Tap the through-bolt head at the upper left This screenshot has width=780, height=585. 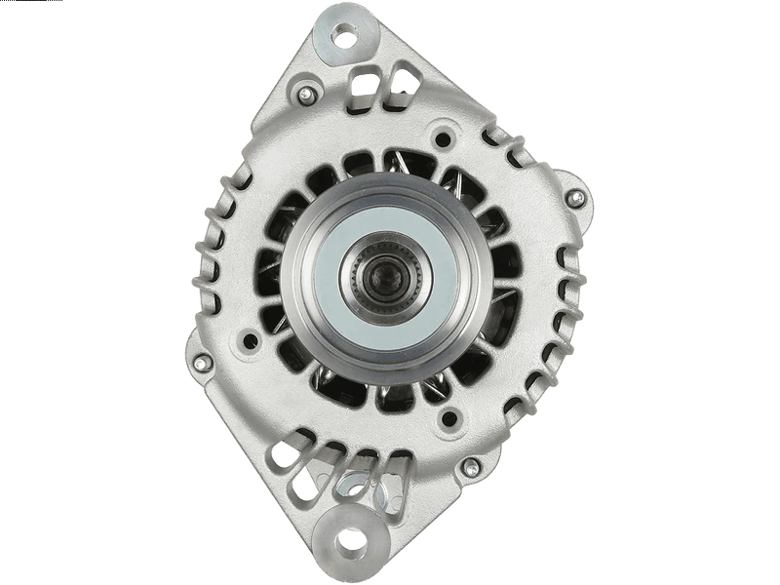point(306,95)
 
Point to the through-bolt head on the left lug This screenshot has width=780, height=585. point(204,363)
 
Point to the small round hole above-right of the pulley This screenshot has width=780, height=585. point(449,136)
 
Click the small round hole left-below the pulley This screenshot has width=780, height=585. point(253,341)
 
